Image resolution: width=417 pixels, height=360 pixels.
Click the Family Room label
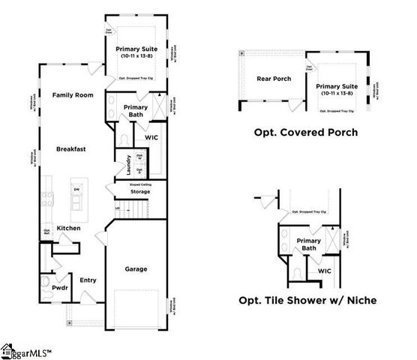coord(71,95)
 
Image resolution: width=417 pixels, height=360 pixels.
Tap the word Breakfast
coord(71,149)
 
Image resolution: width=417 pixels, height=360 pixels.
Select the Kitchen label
coord(69,228)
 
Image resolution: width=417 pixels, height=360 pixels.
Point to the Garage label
coord(136,268)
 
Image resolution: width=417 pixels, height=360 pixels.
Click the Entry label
coord(88,280)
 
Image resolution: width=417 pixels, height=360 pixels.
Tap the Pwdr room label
coord(60,288)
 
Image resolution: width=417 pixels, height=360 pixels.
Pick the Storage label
coord(139,192)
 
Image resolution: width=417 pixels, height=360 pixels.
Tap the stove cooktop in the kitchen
coord(48,199)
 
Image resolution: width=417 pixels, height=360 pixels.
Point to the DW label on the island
coord(76,189)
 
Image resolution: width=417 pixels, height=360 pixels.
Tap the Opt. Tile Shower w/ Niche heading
coord(307,300)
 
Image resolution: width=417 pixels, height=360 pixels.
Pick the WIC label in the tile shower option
coord(324,271)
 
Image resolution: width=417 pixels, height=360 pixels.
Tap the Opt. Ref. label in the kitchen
coord(46,232)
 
